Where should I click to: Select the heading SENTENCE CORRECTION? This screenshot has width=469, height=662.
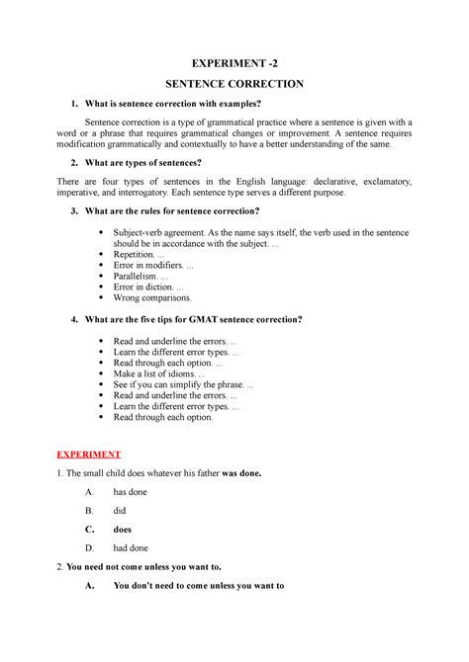click(234, 86)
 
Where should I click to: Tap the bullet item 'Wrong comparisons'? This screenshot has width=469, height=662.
click(153, 296)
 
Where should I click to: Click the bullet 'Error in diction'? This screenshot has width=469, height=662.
click(148, 287)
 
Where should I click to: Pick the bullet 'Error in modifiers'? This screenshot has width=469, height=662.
click(153, 266)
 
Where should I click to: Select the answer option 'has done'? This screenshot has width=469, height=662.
click(133, 492)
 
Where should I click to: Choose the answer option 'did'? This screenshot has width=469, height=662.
click(121, 511)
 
